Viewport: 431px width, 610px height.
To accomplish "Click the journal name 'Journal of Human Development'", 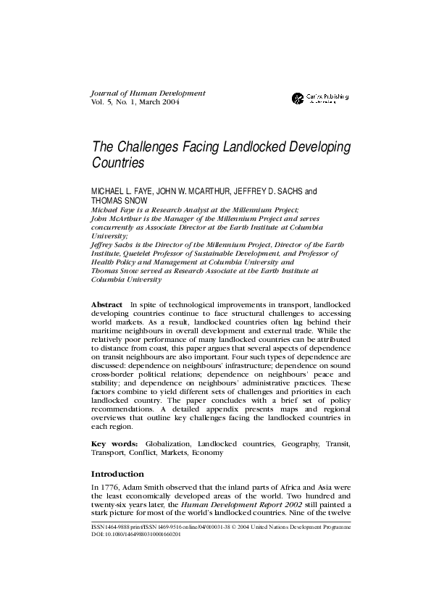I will click(x=148, y=93).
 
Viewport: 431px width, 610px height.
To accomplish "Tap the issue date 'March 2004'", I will click(x=160, y=102).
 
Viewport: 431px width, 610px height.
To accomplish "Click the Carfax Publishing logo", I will click(x=319, y=98).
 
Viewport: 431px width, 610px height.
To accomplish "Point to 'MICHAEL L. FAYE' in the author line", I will click(x=119, y=192).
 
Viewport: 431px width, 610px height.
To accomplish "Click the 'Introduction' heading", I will click(x=117, y=474).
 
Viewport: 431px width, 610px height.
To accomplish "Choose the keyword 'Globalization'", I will click(x=168, y=442).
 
